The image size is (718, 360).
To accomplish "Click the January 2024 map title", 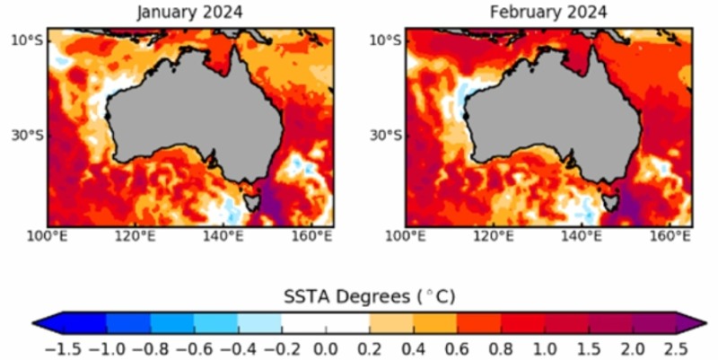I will [189, 13].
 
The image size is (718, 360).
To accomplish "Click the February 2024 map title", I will [547, 13].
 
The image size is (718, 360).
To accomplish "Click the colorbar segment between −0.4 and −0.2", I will [259, 321].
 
